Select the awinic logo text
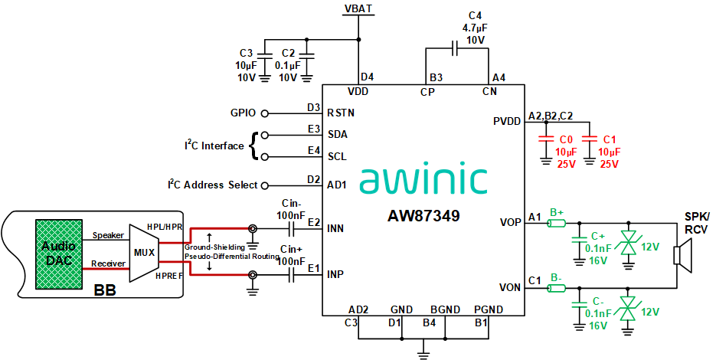(x=423, y=178)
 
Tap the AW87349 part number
(x=423, y=217)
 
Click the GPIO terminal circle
(x=265, y=113)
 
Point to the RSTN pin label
(x=341, y=113)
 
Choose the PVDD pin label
(x=507, y=121)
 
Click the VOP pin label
(x=510, y=222)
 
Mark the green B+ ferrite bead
(x=556, y=224)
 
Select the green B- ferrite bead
(x=556, y=288)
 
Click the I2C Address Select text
(x=214, y=185)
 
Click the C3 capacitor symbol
(x=264, y=56)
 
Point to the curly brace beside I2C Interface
(x=253, y=145)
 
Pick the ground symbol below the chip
(x=422, y=353)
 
